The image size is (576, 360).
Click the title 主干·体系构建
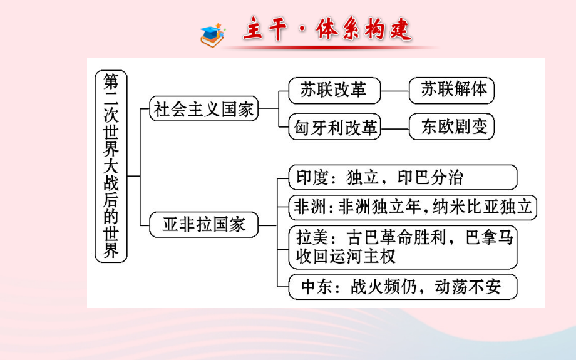click(327, 29)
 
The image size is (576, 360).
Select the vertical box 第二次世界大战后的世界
click(111, 165)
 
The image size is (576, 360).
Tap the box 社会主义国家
click(204, 109)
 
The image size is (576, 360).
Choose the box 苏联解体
click(451, 90)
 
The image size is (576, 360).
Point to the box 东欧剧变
click(451, 127)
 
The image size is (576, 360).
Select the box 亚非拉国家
click(204, 225)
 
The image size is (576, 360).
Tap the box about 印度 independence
click(403, 177)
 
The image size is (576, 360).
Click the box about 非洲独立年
click(413, 207)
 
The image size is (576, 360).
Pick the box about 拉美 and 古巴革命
click(403, 247)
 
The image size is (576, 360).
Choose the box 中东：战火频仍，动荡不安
click(403, 287)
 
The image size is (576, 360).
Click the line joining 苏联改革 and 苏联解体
click(394, 91)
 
